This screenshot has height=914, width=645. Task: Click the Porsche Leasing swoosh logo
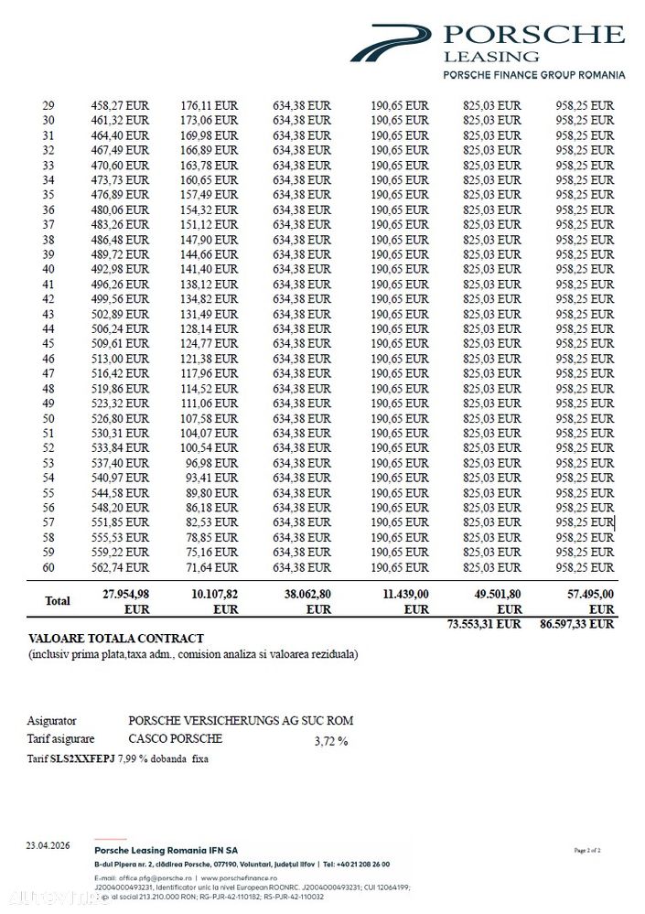pyautogui.click(x=389, y=42)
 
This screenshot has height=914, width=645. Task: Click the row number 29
pyautogui.click(x=48, y=105)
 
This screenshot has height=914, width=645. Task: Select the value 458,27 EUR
pyautogui.click(x=120, y=105)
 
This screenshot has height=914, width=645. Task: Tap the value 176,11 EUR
pyautogui.click(x=210, y=105)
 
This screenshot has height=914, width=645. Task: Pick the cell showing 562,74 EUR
pyautogui.click(x=120, y=567)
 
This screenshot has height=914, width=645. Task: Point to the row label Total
pyautogui.click(x=58, y=601)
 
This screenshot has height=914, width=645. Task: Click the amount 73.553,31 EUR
pyautogui.click(x=484, y=624)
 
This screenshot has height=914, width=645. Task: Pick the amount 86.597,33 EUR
pyautogui.click(x=577, y=624)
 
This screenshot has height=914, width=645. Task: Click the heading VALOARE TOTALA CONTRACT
pyautogui.click(x=116, y=639)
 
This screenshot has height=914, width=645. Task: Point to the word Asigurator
pyautogui.click(x=52, y=721)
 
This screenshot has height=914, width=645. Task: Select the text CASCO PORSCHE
pyautogui.click(x=175, y=738)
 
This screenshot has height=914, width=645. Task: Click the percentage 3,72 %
pyautogui.click(x=330, y=741)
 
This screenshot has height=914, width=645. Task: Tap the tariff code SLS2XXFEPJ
pyautogui.click(x=82, y=758)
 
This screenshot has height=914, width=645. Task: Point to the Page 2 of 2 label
pyautogui.click(x=587, y=851)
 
